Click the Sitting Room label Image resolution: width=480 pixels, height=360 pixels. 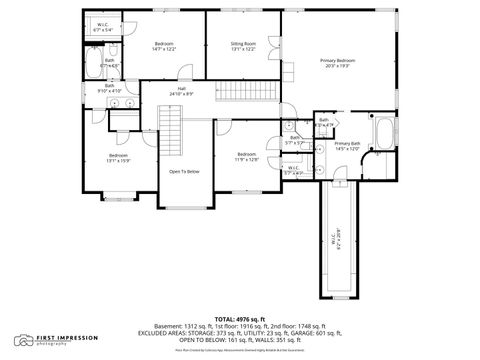[x=244, y=46]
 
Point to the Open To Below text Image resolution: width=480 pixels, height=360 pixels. [x=183, y=171]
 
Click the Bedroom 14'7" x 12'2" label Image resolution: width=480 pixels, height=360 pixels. [x=164, y=46]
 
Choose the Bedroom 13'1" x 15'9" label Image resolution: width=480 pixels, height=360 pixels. [x=118, y=158]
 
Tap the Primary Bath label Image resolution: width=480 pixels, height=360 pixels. [x=347, y=147]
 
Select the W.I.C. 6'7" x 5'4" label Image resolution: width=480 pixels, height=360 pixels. [x=103, y=28]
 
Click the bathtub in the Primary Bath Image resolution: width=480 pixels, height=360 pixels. [x=384, y=130]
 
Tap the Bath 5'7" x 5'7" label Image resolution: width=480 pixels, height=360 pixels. [x=293, y=141]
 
